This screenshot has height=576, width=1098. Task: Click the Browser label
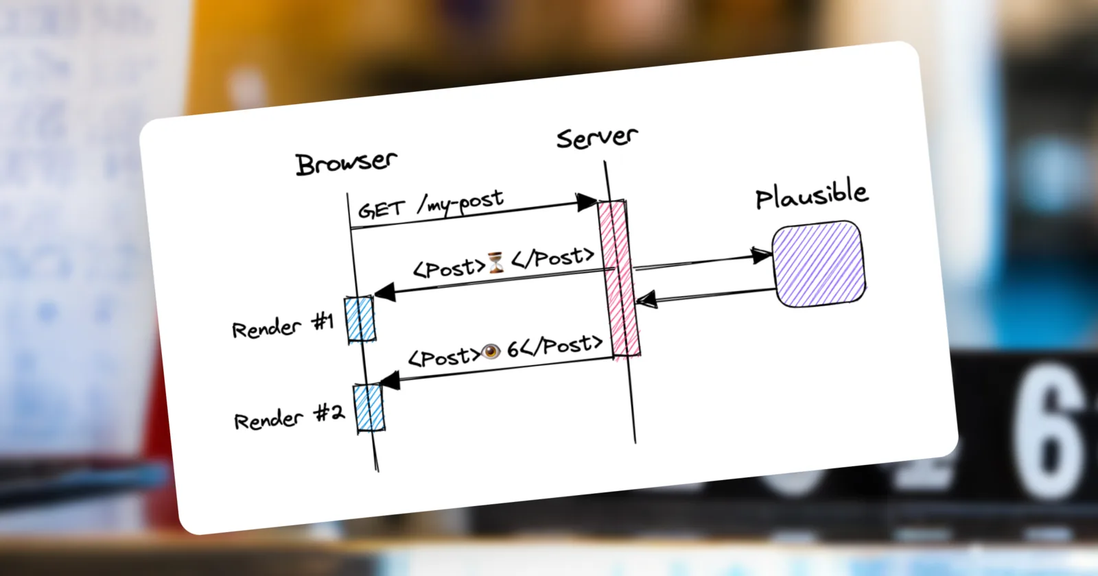point(346,163)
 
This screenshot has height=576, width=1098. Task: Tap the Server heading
point(597,138)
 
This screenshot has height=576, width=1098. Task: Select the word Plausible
point(812,195)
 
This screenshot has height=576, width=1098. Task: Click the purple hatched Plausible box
point(819,265)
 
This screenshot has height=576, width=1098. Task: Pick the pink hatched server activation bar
point(619,278)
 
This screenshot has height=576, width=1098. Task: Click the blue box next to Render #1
point(360,319)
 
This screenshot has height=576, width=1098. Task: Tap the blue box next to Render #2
point(369,408)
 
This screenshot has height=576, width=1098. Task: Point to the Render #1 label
point(283,326)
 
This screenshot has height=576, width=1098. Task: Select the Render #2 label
point(289,418)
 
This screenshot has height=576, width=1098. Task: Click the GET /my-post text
point(431,204)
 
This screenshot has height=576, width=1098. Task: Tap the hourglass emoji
point(496,263)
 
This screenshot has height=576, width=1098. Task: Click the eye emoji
point(491,351)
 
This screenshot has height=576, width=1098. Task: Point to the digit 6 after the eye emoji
point(513,349)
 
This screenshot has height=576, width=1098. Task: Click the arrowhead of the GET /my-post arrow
point(586,202)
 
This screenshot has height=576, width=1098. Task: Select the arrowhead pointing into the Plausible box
point(761,255)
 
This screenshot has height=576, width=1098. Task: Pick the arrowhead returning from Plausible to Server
point(646,299)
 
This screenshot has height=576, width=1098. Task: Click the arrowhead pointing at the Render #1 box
point(385,292)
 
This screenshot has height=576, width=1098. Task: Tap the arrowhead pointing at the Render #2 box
point(390,381)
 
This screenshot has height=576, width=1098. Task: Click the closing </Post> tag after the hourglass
point(553,258)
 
